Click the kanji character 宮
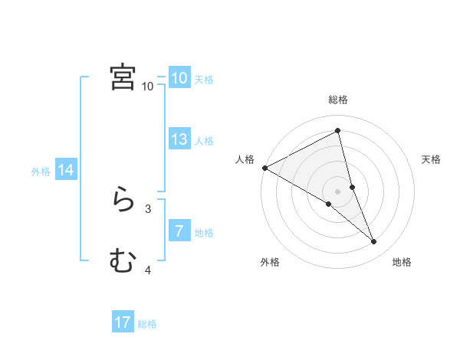click(123, 77)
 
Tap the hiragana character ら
click(123, 200)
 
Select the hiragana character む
click(123, 261)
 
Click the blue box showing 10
click(179, 78)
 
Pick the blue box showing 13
click(179, 139)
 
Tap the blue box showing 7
click(179, 231)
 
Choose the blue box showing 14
click(66, 170)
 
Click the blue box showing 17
click(123, 322)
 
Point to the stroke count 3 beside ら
click(148, 208)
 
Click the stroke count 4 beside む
click(148, 269)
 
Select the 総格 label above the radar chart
click(338, 100)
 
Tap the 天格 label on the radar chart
click(432, 159)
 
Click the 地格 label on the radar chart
click(402, 262)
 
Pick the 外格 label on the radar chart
click(270, 262)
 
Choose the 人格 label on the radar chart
click(245, 159)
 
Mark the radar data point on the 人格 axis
click(264, 168)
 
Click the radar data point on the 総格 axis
click(338, 131)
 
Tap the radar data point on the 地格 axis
click(374, 242)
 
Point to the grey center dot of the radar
click(338, 191)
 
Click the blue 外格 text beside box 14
click(41, 172)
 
